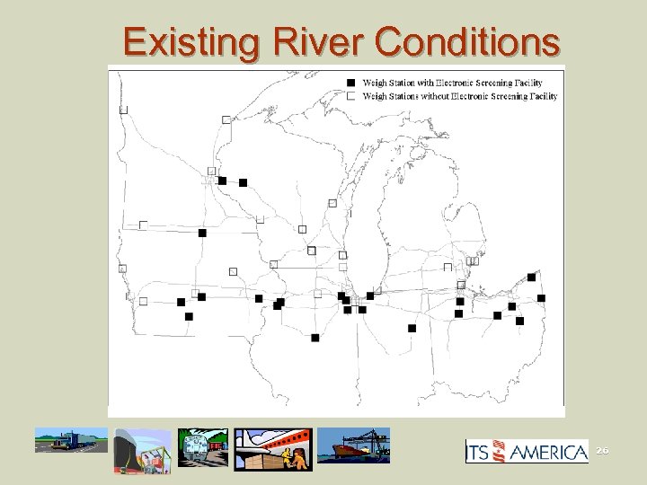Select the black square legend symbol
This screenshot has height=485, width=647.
[351, 83]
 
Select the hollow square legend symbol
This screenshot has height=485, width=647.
[351, 95]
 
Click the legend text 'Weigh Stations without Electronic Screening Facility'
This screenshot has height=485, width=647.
[459, 95]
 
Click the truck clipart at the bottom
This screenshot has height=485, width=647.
[70, 442]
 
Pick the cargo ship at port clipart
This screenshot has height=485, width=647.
[354, 445]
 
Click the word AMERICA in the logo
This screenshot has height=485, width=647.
[549, 453]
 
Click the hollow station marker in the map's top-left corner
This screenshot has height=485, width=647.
[124, 110]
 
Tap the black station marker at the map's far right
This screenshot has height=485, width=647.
[541, 298]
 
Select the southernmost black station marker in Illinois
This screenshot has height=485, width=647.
[315, 338]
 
